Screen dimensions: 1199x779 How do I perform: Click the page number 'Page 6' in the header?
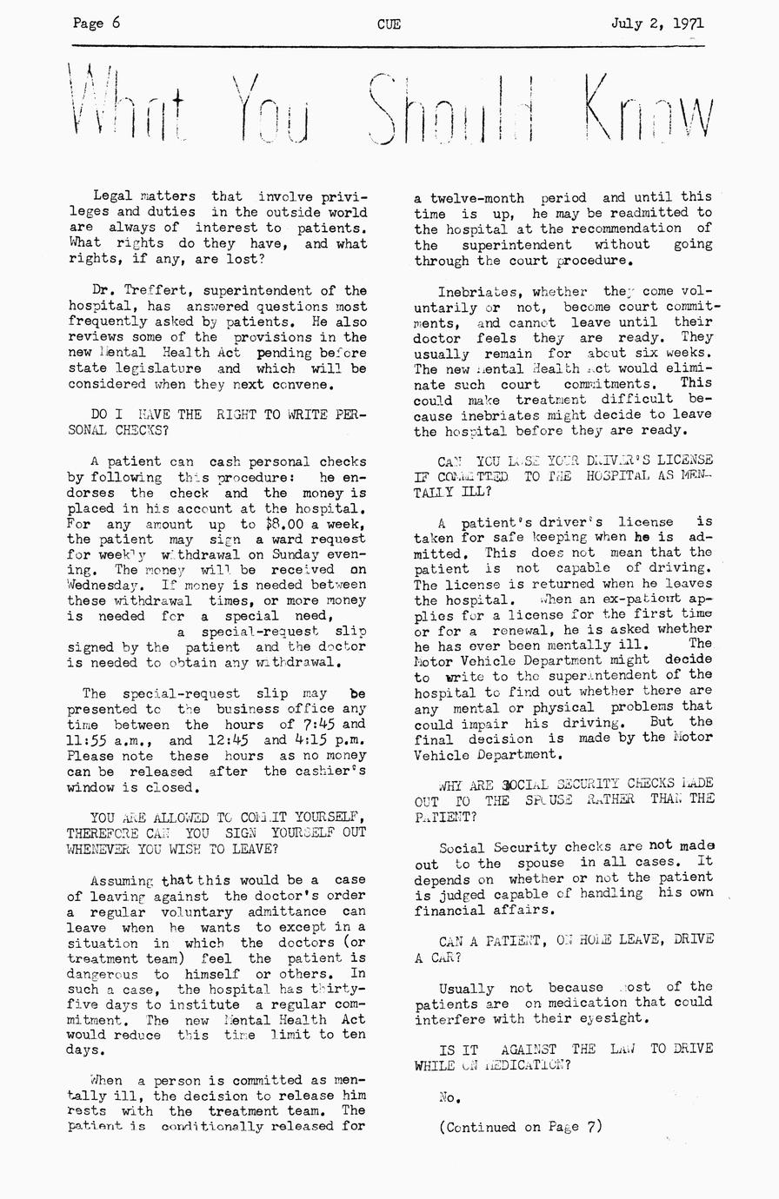97,23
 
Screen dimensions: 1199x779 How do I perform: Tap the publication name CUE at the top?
389,24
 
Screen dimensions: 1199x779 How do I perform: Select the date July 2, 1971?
657,23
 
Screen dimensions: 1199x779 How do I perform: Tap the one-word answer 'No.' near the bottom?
449,1096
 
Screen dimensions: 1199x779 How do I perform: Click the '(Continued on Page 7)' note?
520,1127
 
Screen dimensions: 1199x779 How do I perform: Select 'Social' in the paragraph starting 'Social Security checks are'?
462,847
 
